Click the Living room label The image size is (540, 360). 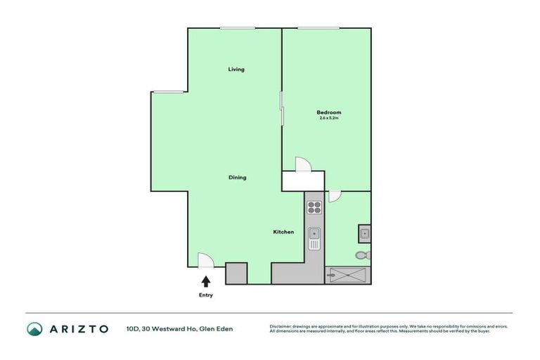[236, 69]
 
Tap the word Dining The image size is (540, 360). [237, 177]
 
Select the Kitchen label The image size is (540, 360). [283, 232]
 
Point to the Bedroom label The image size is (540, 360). [328, 112]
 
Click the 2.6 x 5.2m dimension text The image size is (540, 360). [328, 118]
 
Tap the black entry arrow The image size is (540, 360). [205, 281]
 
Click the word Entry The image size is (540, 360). [205, 295]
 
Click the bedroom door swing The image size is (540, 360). [302, 165]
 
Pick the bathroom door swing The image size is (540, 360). [334, 196]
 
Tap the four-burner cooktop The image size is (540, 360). [314, 207]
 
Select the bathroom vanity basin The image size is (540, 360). [364, 233]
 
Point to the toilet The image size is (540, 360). [363, 255]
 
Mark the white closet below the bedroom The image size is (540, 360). [303, 181]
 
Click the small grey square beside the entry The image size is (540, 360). [236, 273]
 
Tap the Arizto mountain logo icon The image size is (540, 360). [34, 328]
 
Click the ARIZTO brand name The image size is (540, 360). [78, 328]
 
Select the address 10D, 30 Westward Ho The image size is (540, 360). [179, 328]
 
